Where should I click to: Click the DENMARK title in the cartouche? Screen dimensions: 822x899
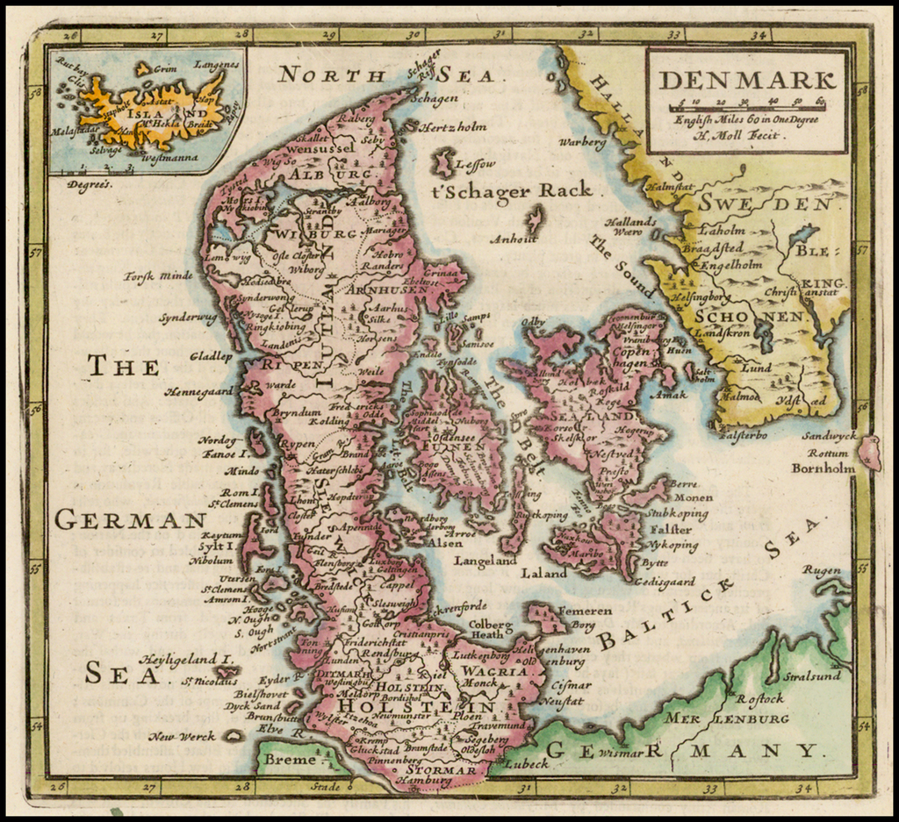point(746,79)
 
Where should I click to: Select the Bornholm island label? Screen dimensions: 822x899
point(823,468)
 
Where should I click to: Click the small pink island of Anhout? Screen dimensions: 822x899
point(533,218)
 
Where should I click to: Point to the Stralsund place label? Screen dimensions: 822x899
point(811,675)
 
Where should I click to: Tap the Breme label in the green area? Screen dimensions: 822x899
point(290,760)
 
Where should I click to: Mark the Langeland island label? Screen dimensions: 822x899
point(485,560)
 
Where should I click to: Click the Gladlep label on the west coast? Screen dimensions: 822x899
point(211,357)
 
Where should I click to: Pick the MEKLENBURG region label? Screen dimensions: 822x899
point(725,718)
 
